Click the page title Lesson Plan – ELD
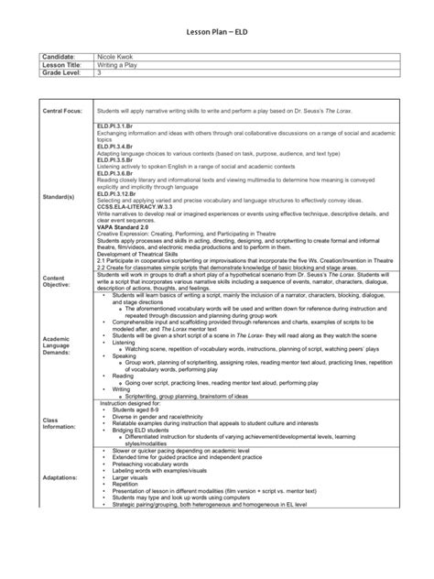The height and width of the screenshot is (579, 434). [217, 30]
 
